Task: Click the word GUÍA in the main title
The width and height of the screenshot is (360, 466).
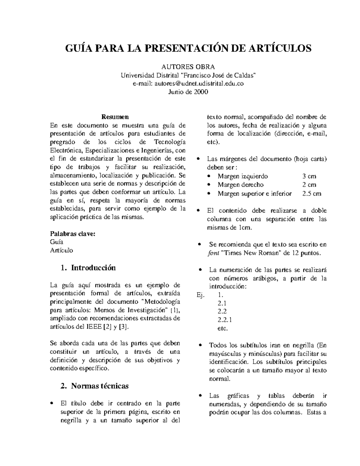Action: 79,48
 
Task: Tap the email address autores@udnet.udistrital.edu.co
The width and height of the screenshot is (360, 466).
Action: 199,83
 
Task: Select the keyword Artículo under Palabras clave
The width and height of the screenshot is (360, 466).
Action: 61,250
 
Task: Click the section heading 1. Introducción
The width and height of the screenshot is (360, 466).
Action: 88,268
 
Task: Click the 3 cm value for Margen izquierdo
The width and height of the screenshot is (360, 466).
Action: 309,176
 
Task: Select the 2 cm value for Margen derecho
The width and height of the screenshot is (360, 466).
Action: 309,185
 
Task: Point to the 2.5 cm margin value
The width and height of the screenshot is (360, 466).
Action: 312,194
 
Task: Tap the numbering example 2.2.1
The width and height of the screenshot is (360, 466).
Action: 224,320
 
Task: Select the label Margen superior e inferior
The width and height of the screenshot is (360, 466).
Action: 255,194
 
